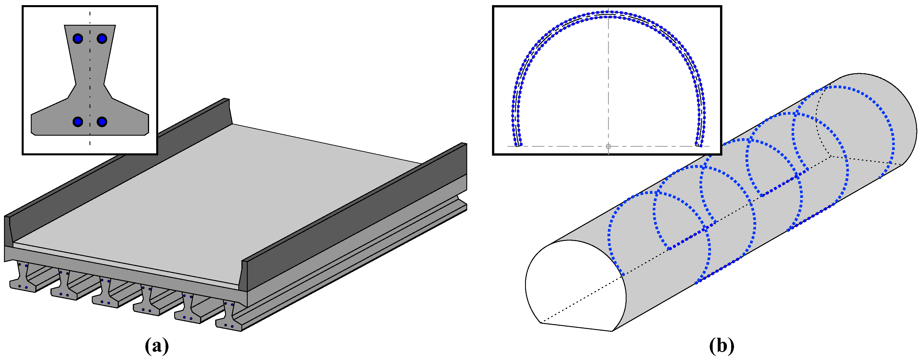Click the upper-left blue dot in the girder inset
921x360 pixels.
[x=78, y=38]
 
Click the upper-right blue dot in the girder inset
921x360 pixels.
[x=102, y=38]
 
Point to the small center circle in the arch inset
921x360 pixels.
[x=608, y=146]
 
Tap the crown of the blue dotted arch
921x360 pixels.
[x=608, y=14]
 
